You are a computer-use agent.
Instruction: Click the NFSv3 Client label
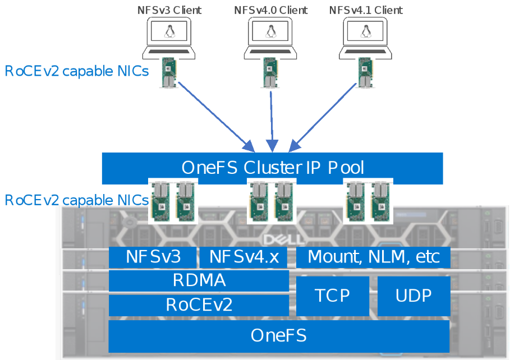(169, 10)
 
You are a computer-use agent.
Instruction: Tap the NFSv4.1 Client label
(366, 10)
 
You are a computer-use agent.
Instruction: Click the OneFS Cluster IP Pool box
(272, 168)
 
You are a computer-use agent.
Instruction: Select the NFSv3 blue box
(153, 257)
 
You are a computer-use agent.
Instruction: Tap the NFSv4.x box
(243, 257)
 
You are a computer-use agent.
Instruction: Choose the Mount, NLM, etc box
(373, 257)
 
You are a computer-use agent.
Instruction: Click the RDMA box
(199, 280)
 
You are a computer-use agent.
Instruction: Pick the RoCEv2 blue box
(199, 305)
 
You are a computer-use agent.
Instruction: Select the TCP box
(333, 296)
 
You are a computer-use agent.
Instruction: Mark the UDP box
(413, 296)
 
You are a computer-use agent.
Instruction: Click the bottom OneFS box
(279, 335)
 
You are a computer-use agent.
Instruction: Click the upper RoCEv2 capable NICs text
(76, 71)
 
